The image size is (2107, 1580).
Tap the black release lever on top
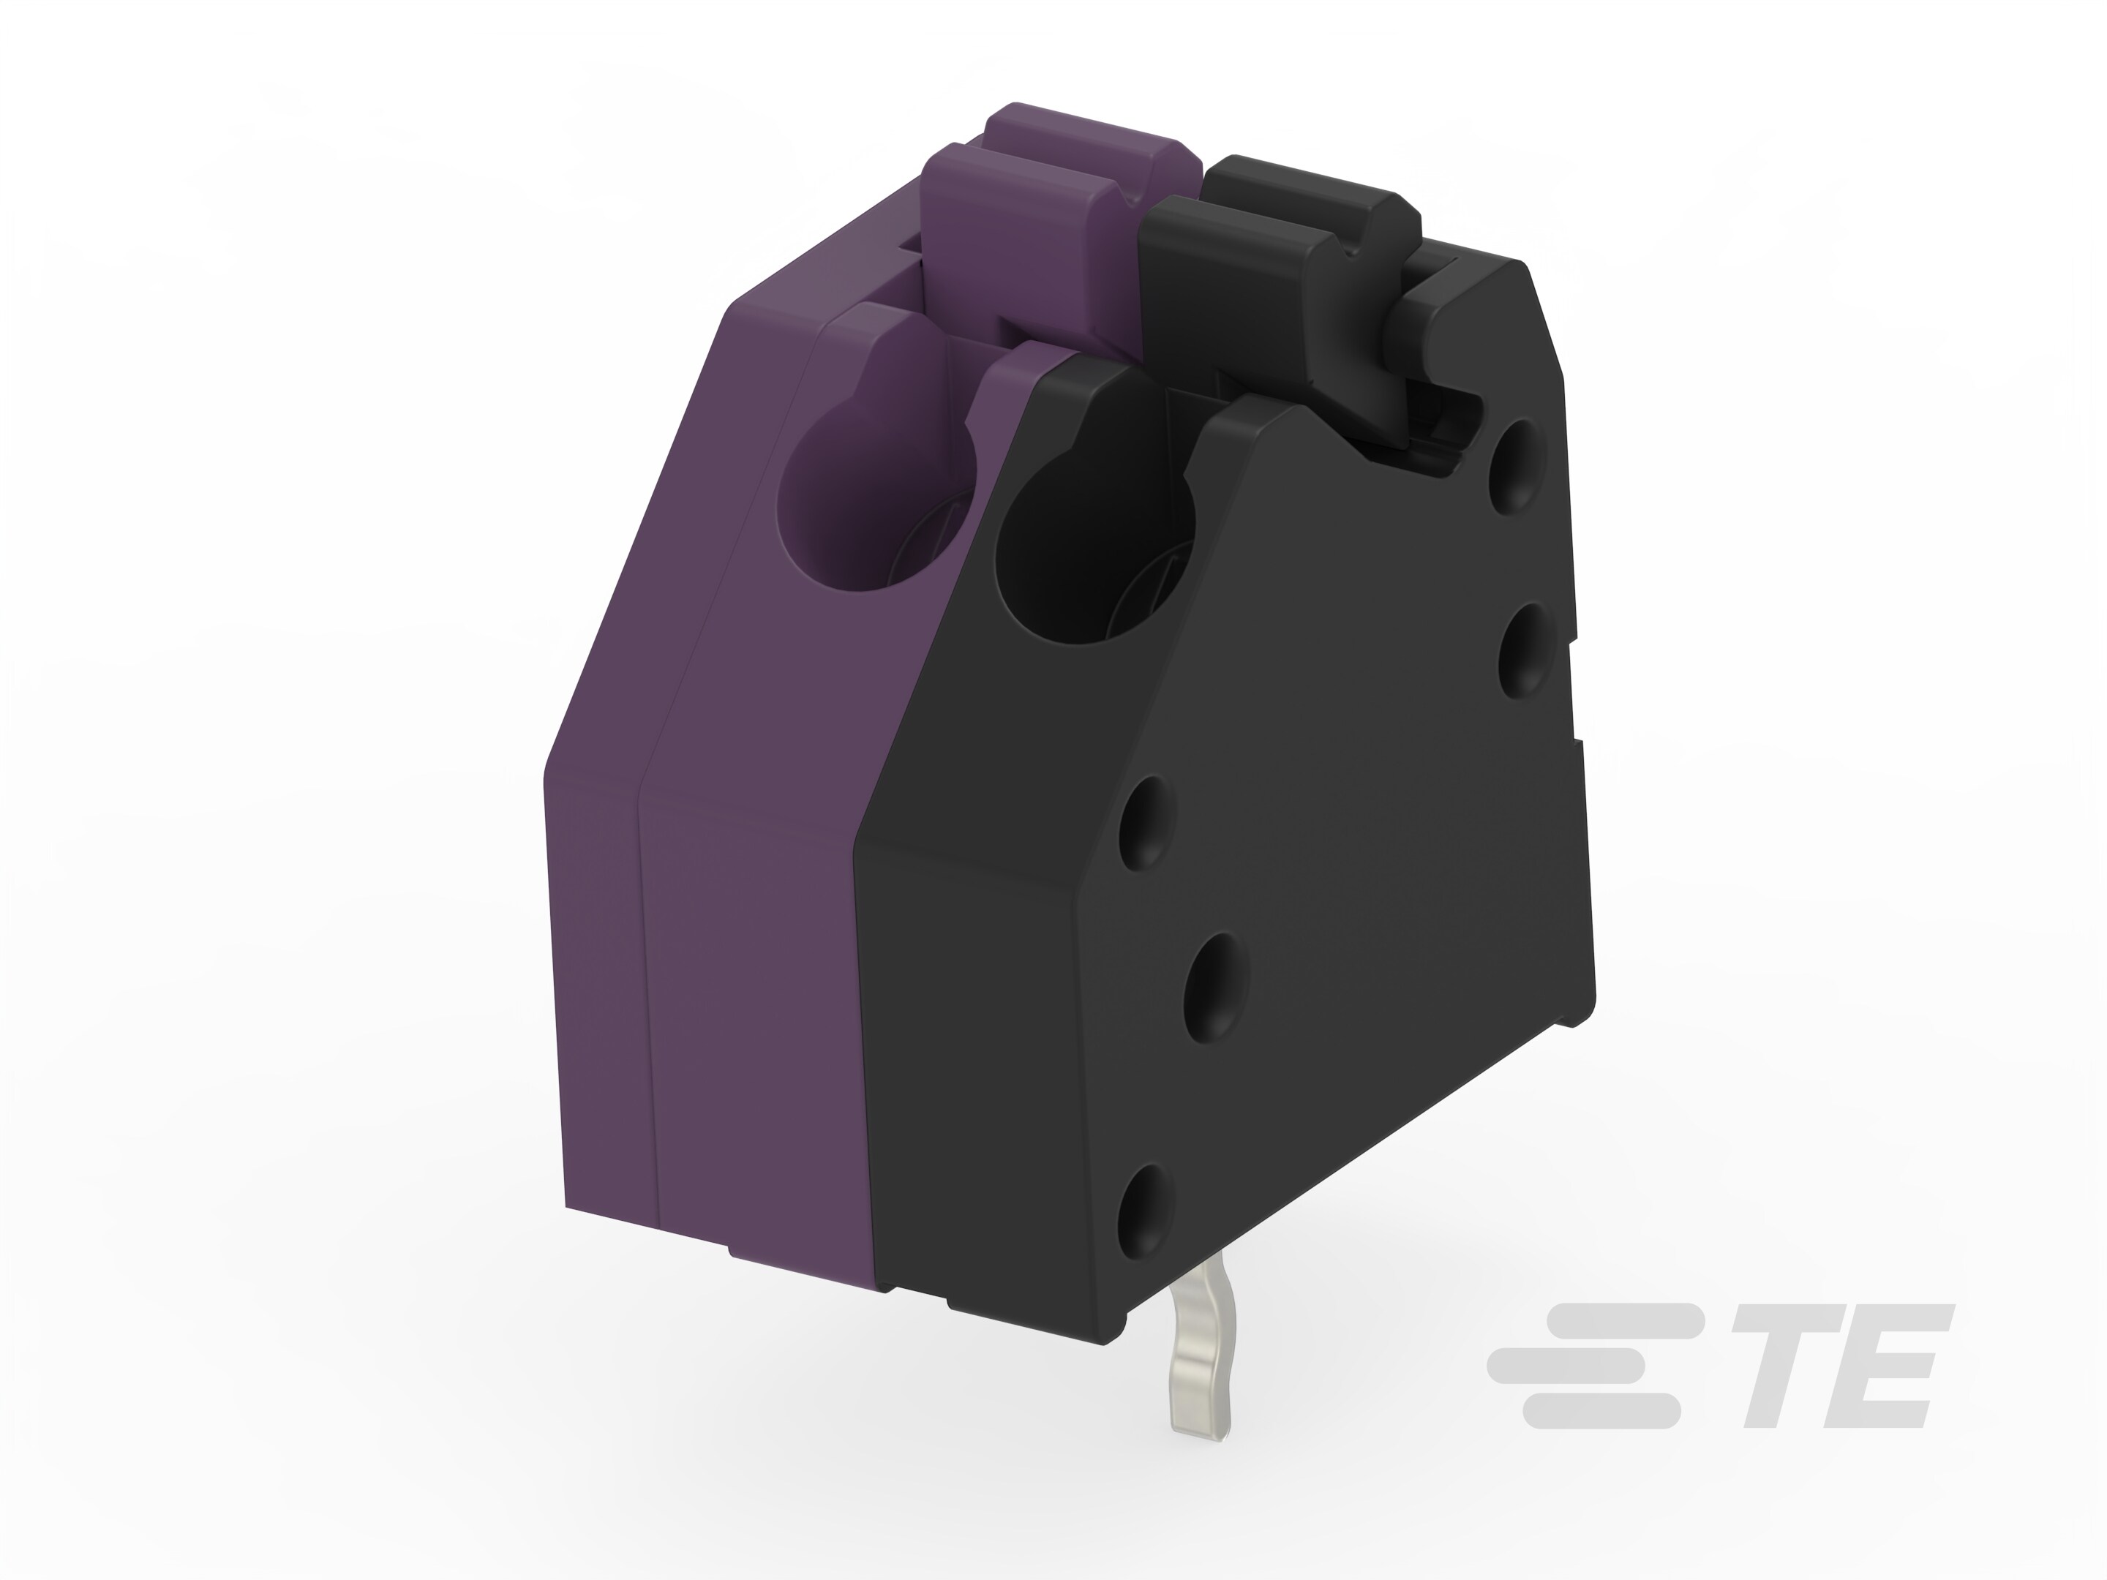point(1277,238)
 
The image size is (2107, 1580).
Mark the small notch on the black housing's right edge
point(1571,753)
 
